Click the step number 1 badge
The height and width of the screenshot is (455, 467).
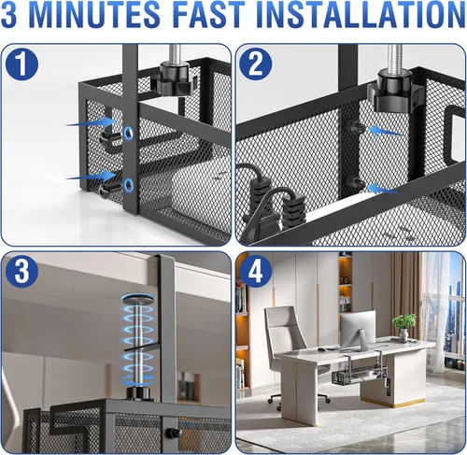(21, 64)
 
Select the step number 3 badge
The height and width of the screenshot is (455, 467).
(21, 271)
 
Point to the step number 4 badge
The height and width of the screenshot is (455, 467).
(256, 272)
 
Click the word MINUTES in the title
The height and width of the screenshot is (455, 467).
(95, 15)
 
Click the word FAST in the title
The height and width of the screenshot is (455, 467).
(209, 15)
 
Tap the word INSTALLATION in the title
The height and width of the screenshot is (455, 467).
(361, 15)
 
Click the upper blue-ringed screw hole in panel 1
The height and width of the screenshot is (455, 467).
(128, 133)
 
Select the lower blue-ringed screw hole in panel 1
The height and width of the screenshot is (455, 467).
(128, 185)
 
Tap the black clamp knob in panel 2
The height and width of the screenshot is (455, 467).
(395, 91)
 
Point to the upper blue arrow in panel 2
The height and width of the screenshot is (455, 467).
(385, 131)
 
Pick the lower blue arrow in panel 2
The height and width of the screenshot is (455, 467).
(385, 189)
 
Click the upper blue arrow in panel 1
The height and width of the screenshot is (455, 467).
(91, 122)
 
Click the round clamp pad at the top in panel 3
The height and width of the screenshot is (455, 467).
(138, 298)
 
